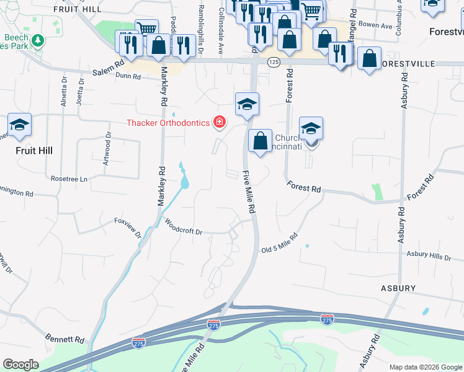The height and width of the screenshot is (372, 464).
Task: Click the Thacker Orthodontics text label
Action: point(169,122)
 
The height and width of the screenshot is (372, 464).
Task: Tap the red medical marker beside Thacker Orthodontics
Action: point(219,122)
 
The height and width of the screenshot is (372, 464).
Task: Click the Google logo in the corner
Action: point(20,365)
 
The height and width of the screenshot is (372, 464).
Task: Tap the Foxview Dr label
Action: point(128,227)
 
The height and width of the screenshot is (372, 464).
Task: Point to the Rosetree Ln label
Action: point(70,179)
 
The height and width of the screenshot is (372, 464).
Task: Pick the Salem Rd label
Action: point(109,68)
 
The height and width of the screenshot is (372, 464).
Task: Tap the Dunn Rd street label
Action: point(128,77)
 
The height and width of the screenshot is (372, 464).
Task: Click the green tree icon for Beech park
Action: point(38,40)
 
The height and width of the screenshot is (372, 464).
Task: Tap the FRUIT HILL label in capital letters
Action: point(77,9)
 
